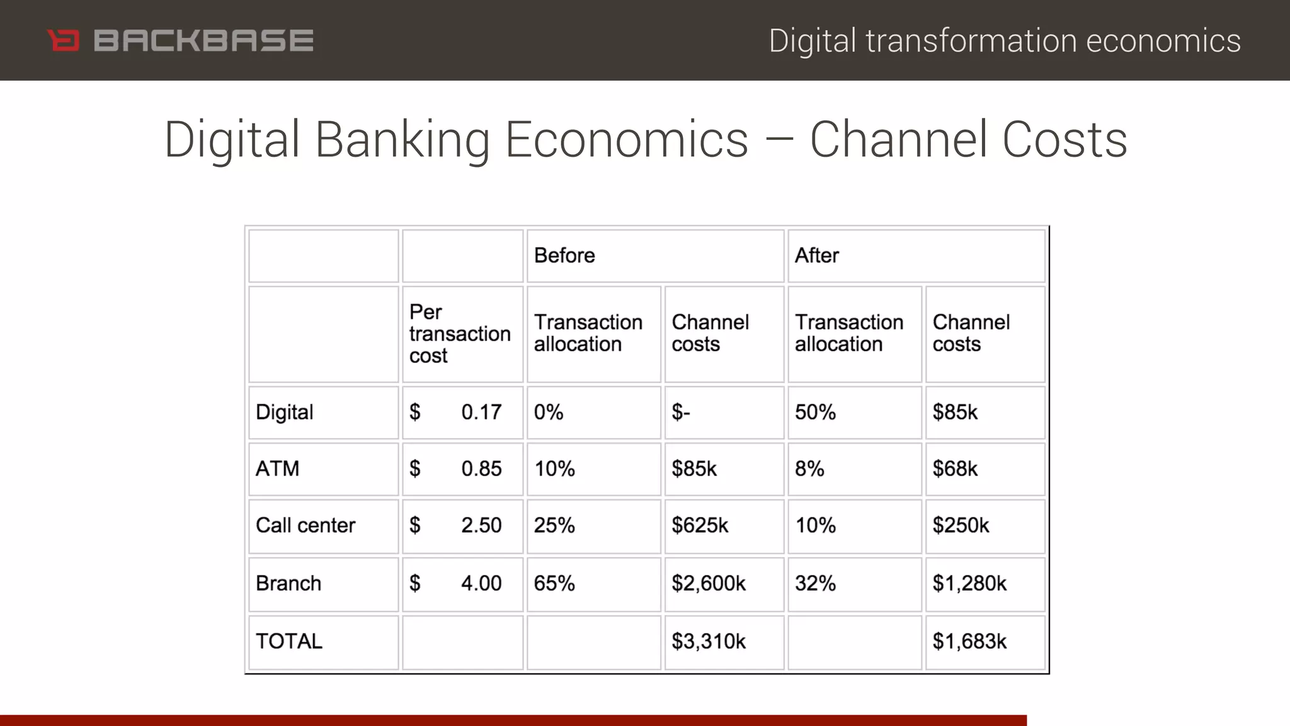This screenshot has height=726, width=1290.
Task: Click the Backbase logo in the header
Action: pyautogui.click(x=181, y=41)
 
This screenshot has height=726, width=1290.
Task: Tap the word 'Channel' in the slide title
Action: pyautogui.click(x=898, y=140)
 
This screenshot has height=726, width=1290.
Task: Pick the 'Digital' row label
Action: pyautogui.click(x=285, y=413)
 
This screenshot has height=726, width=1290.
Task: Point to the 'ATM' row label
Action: pyautogui.click(x=278, y=469)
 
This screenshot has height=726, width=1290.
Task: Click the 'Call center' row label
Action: pyautogui.click(x=305, y=526)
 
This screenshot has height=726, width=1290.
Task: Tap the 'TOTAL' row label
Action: pyautogui.click(x=289, y=642)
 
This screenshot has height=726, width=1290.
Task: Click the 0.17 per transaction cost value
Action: pyautogui.click(x=481, y=413)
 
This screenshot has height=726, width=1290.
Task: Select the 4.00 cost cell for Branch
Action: pyautogui.click(x=481, y=584)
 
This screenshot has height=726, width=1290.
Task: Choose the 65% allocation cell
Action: pyautogui.click(x=554, y=584)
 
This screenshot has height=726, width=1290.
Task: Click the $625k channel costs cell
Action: pyautogui.click(x=700, y=526)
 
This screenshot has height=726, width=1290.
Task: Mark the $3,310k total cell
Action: pyautogui.click(x=709, y=642)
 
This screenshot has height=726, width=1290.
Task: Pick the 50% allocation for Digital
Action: pyautogui.click(x=816, y=413)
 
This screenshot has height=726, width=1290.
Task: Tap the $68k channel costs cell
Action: pyautogui.click(x=955, y=469)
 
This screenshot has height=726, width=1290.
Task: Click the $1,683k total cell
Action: pyautogui.click(x=969, y=642)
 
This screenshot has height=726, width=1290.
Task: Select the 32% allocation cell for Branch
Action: pyautogui.click(x=816, y=584)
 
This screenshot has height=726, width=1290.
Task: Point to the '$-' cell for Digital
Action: pyautogui.click(x=681, y=413)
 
